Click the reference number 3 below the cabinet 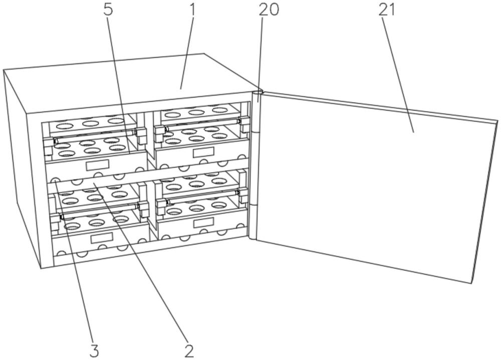coord(94,349)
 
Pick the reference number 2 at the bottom coord(189,349)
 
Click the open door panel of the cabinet coord(371,185)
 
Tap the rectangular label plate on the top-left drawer coord(97,165)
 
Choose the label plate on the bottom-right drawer coord(203,222)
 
